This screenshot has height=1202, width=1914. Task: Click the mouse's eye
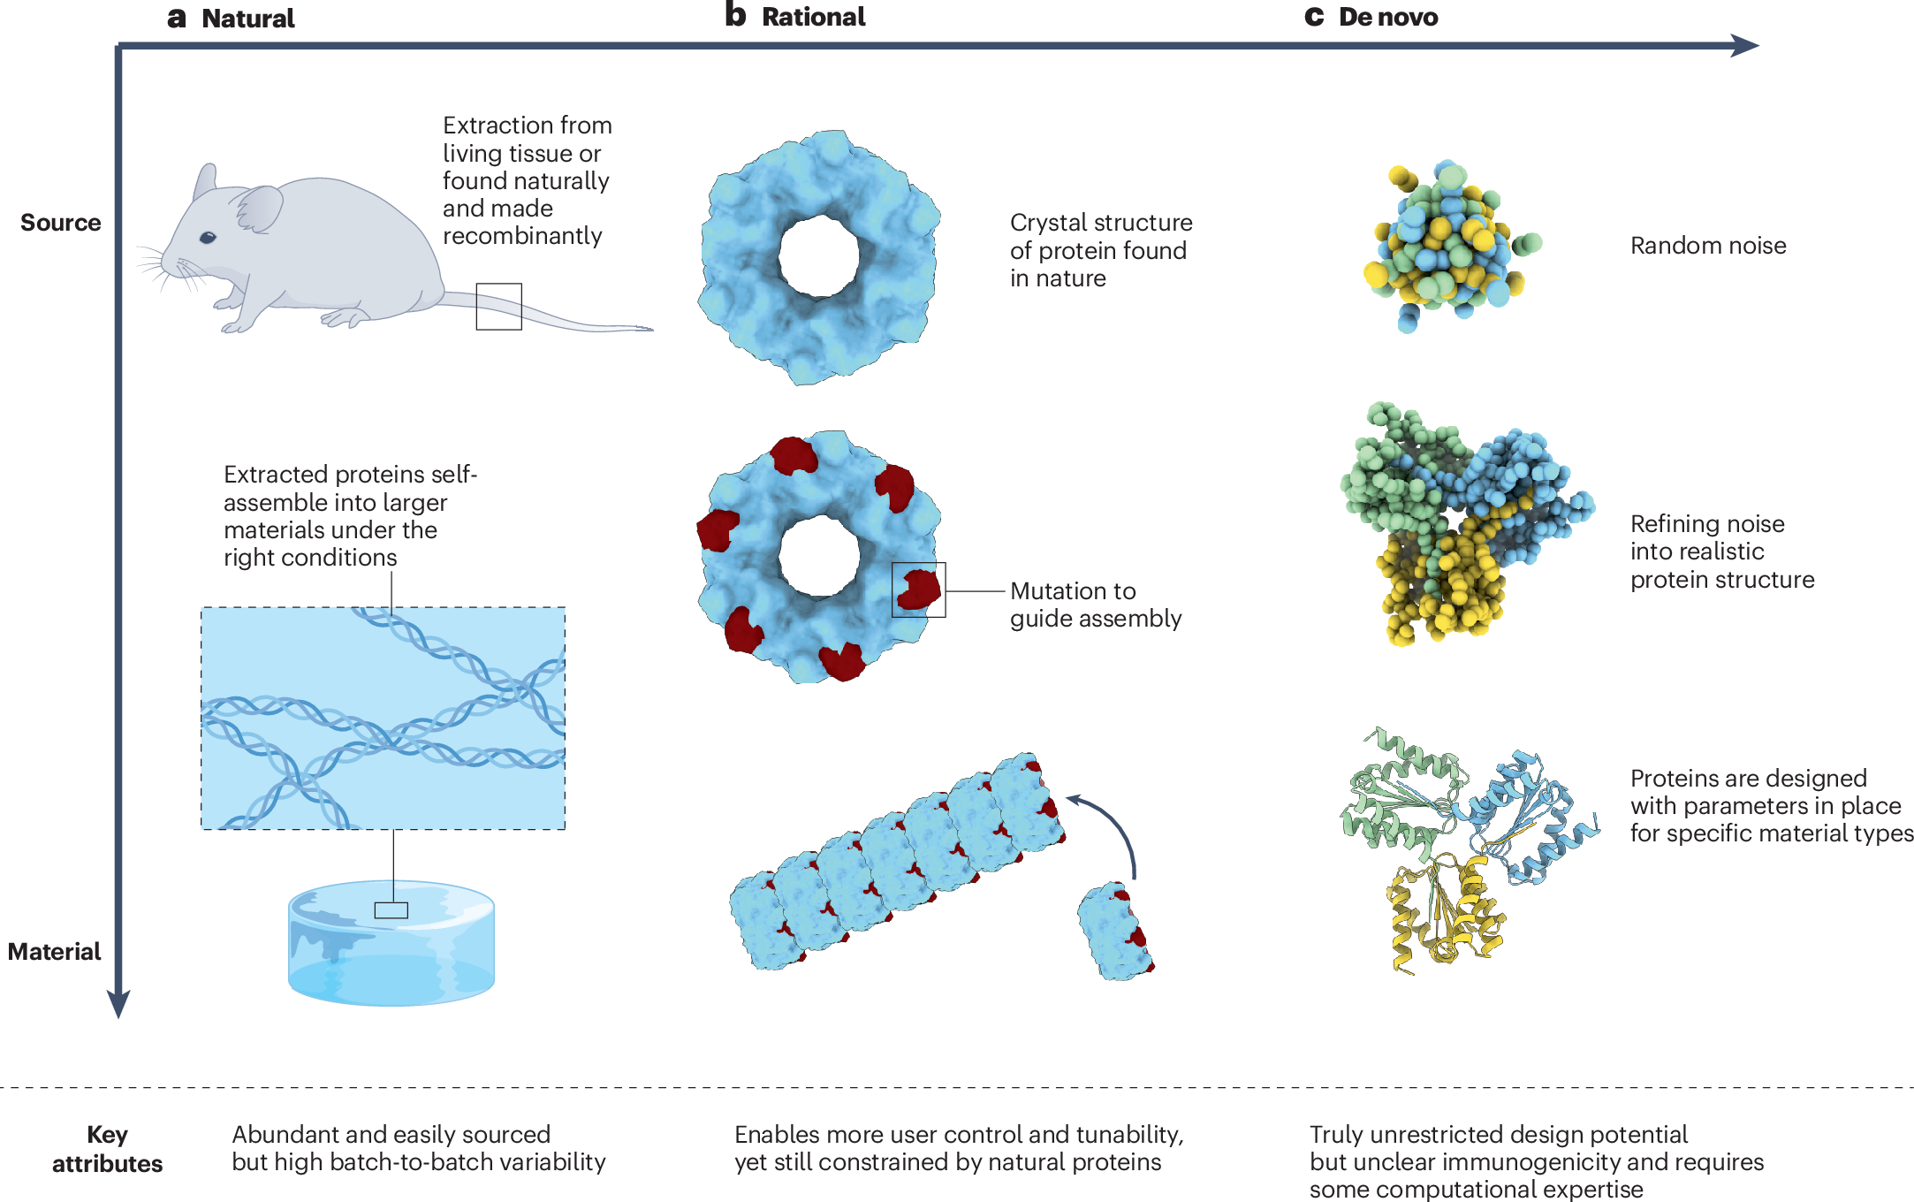[x=208, y=237]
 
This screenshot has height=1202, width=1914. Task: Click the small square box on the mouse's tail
[x=498, y=307]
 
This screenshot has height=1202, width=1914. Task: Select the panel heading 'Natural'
[x=247, y=19]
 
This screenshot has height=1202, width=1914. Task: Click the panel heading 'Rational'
[x=813, y=17]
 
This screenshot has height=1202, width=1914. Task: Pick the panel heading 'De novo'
[x=1387, y=17]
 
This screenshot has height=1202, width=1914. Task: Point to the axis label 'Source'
[x=60, y=223]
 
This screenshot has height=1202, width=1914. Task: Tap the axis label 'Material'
[x=54, y=952]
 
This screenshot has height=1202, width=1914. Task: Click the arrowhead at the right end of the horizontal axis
[x=1744, y=45]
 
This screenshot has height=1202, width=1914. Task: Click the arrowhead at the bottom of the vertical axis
[x=118, y=1003]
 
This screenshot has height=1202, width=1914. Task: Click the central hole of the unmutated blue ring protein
[x=818, y=256]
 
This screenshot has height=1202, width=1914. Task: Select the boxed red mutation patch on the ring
[x=918, y=590]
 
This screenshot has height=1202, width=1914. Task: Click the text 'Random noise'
[x=1707, y=246]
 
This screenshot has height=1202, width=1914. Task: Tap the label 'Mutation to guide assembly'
[x=1095, y=605]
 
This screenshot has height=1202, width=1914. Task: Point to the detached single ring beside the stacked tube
[x=1115, y=932]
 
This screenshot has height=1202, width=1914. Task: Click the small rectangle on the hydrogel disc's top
[x=391, y=910]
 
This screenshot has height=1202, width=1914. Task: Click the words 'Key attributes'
[x=107, y=1149]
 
